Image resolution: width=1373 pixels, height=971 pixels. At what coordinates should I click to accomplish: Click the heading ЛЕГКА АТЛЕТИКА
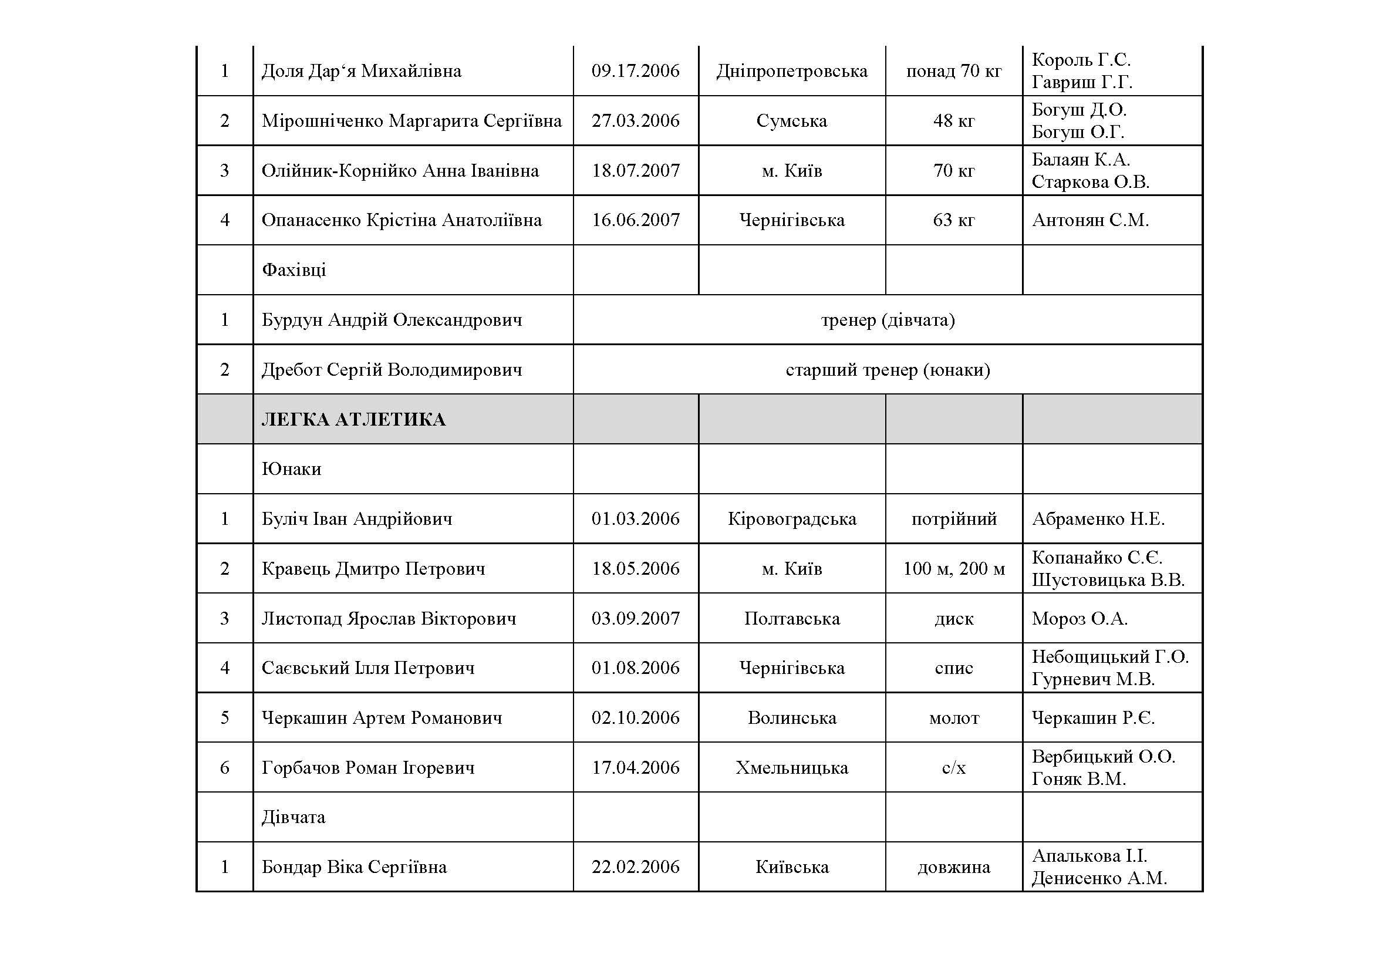[x=353, y=419]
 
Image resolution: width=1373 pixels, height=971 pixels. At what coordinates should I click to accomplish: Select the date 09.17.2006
[x=635, y=71]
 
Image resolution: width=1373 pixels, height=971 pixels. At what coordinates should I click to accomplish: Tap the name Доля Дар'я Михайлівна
[x=361, y=71]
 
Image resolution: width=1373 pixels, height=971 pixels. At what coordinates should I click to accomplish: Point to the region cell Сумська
[x=791, y=121]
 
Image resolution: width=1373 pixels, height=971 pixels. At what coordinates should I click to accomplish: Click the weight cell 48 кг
[x=953, y=121]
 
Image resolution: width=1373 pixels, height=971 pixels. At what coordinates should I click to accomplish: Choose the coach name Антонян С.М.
[x=1090, y=220]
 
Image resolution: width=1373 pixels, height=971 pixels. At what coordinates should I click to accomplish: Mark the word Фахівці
[x=294, y=269]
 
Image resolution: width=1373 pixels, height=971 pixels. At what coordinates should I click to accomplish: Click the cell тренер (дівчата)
[x=888, y=320]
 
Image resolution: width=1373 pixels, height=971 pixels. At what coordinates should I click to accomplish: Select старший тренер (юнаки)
[x=888, y=369]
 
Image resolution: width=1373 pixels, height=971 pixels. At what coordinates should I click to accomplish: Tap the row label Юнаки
[x=291, y=468]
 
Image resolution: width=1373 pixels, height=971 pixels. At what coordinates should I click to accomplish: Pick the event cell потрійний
[x=953, y=518]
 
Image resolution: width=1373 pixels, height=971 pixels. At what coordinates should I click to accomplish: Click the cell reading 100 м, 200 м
[x=953, y=568]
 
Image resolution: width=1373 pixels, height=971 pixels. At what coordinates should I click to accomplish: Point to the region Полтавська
[x=791, y=618]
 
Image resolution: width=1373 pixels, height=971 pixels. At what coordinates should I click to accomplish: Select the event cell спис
[x=953, y=668]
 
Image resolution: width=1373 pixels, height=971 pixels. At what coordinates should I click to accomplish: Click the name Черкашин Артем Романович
[x=382, y=717]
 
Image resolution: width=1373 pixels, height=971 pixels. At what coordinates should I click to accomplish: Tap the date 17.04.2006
[x=635, y=767]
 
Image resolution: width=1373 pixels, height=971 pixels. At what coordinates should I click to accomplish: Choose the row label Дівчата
[x=293, y=817]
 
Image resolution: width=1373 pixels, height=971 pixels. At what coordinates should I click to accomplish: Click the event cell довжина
[x=953, y=867]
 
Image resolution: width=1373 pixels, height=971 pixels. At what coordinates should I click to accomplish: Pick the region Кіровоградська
[x=791, y=518]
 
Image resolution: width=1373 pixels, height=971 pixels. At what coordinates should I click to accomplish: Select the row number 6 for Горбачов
[x=224, y=767]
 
